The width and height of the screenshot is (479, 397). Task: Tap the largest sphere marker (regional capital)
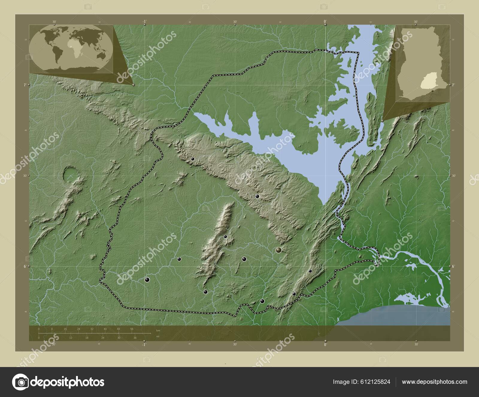pyautogui.click(x=279, y=250)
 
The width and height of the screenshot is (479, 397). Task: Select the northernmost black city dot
pyautogui.click(x=193, y=159)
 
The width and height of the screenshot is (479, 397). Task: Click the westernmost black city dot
pyautogui.click(x=147, y=280)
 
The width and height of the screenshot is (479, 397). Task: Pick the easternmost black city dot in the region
pyautogui.click(x=310, y=271)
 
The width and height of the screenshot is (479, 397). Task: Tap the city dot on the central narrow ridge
pyautogui.click(x=225, y=237)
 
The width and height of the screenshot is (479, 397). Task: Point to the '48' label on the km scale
pyautogui.click(x=119, y=329)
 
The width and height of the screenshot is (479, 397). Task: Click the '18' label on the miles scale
pyautogui.click(x=87, y=338)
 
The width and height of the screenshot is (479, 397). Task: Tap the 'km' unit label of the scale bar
pyautogui.click(x=158, y=330)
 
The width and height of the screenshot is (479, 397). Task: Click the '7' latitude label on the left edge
pyautogui.click(x=25, y=85)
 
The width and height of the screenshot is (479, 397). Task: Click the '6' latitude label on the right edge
pyautogui.click(x=453, y=266)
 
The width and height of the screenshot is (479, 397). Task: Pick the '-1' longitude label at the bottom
pyautogui.click(x=144, y=345)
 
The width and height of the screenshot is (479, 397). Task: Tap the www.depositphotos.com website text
pyautogui.click(x=434, y=382)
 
